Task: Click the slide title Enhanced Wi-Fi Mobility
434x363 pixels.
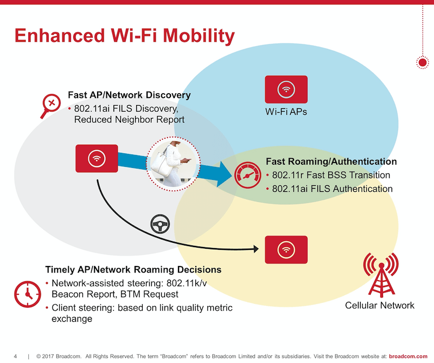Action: click(124, 36)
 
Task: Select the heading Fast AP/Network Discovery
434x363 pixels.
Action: click(129, 95)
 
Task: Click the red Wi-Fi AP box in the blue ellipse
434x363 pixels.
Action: click(286, 89)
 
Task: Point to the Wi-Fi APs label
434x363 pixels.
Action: click(286, 113)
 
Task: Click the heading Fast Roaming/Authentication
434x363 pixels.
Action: click(331, 161)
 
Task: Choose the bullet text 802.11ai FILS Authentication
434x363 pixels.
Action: click(332, 189)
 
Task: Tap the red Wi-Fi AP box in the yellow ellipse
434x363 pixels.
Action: click(286, 249)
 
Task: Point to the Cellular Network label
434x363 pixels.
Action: click(380, 306)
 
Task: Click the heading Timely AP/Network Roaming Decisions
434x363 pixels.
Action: click(133, 269)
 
